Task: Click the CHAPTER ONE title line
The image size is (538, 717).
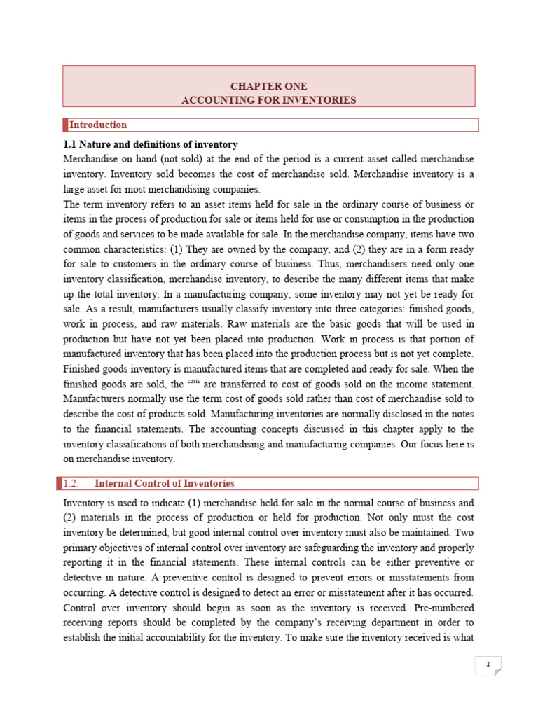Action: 269,86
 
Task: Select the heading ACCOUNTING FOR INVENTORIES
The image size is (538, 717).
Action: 269,100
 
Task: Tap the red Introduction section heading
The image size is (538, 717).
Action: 97,125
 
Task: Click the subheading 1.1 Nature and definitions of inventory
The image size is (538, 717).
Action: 151,144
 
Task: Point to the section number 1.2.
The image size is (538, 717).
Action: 74,484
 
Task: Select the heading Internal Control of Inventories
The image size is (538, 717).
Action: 164,484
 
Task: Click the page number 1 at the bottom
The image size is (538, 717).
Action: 488,664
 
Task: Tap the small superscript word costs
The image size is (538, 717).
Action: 194,382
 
